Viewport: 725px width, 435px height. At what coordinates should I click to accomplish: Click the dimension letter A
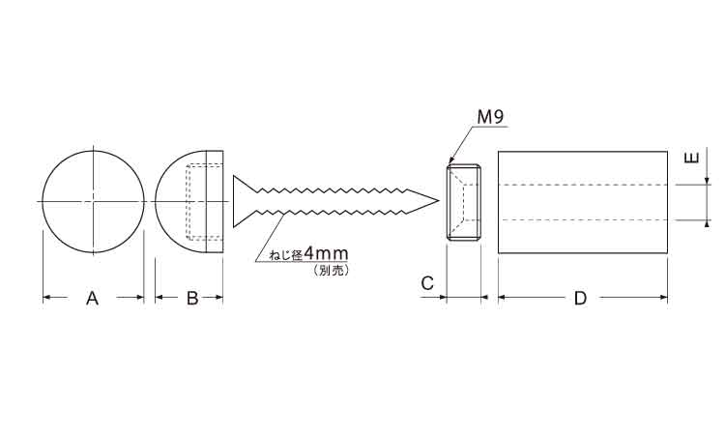coord(93,298)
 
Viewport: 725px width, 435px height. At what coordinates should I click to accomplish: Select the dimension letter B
coord(192,298)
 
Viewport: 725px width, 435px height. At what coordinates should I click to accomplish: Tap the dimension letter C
coord(427,283)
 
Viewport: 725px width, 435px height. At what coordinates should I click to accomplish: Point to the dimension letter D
coord(580,298)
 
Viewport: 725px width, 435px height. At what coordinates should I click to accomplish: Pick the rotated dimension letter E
coord(692,159)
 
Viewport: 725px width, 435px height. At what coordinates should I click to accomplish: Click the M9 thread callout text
coord(490,117)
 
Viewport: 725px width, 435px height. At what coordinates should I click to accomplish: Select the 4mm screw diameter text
coord(326,254)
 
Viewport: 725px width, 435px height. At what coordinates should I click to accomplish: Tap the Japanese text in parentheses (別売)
coord(330,270)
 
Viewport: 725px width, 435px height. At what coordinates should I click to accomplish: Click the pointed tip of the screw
coord(438,201)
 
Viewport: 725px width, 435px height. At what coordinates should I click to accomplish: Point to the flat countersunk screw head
coord(240,201)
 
